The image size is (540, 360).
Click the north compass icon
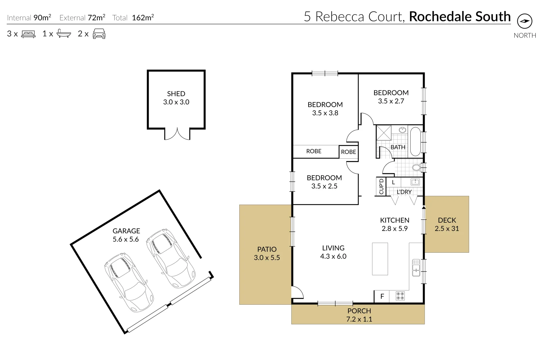524,21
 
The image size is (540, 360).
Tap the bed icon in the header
28,34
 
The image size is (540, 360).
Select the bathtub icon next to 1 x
63,34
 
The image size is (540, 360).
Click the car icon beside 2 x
99,34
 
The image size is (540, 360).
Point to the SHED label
176,94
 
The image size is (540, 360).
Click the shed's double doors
177,134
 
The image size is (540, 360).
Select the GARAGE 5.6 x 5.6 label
126,235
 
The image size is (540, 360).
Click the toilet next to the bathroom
417,167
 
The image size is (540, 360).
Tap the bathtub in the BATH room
415,141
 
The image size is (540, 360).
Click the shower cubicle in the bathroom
384,133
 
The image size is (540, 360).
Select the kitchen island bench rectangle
380,259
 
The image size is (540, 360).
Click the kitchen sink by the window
416,268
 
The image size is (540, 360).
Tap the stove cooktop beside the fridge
400,296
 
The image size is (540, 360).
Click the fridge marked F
382,296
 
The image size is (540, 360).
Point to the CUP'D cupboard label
381,187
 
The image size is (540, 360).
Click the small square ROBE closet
349,152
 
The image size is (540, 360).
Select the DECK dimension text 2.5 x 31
447,229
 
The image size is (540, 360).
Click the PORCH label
359,311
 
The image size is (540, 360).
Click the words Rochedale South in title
460,16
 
